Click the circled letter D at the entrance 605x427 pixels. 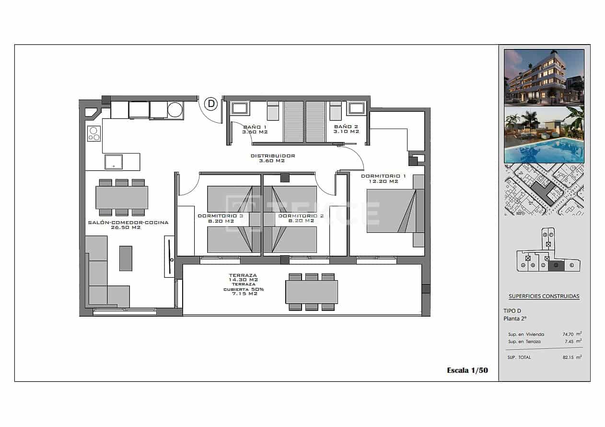point(211,104)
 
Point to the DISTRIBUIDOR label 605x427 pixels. point(273,158)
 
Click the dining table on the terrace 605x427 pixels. point(312,292)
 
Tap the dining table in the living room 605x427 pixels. point(122,197)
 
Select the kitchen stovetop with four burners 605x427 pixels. point(94,133)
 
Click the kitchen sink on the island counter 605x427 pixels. point(114,162)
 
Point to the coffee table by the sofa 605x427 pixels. point(126,258)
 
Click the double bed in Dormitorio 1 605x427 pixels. point(391,211)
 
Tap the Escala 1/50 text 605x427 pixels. point(467,370)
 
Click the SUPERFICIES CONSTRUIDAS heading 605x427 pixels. point(544,296)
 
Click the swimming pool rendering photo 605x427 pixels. point(544,135)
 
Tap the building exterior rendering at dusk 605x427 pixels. point(544,77)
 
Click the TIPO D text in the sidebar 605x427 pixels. point(512,310)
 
